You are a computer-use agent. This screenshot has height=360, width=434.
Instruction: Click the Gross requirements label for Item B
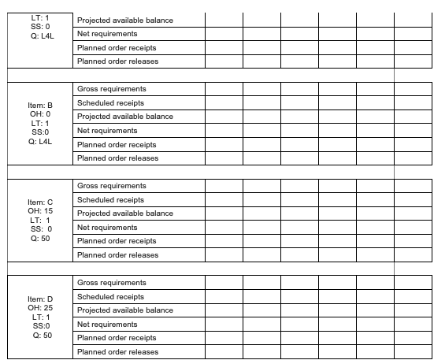click(111, 89)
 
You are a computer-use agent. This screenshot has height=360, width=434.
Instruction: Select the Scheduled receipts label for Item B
click(110, 103)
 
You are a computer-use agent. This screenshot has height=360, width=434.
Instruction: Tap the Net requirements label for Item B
click(107, 131)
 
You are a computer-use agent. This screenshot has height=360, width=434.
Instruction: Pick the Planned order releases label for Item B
click(117, 158)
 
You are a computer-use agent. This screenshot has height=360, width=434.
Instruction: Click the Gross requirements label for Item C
click(111, 186)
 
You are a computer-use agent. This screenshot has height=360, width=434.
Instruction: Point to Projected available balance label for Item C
click(124, 213)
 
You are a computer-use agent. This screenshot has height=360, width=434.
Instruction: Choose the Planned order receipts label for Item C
click(117, 241)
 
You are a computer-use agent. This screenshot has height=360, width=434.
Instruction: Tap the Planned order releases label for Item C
click(117, 255)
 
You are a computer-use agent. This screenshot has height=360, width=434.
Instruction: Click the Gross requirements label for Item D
click(111, 283)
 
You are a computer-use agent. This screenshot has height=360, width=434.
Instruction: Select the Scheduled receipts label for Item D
click(110, 297)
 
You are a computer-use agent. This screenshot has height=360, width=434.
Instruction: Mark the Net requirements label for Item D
click(107, 325)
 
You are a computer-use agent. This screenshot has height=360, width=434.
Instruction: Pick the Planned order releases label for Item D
click(117, 352)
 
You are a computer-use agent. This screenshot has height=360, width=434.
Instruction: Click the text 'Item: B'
click(39, 105)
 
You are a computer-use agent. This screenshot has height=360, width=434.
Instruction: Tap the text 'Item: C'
click(39, 202)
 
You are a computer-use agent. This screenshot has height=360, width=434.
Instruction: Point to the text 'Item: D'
click(39, 299)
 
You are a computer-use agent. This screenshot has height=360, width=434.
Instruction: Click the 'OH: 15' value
click(39, 211)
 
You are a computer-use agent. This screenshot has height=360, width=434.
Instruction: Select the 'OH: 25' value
click(39, 308)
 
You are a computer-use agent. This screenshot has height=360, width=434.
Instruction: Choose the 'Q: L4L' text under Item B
click(39, 142)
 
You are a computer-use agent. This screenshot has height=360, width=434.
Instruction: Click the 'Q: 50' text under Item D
click(39, 335)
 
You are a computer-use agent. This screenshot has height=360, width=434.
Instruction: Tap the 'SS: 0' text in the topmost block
click(39, 27)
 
